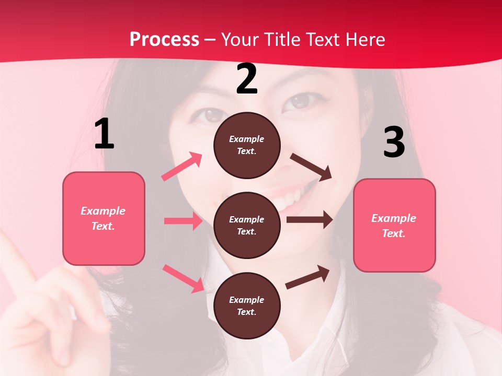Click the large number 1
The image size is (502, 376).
click(x=104, y=134)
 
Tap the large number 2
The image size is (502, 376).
click(x=247, y=79)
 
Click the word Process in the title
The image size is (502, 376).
click(x=164, y=39)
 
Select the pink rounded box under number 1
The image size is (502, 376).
click(x=104, y=218)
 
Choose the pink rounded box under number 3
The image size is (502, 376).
click(x=394, y=225)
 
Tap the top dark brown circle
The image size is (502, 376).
click(x=247, y=145)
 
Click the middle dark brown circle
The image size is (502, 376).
click(x=247, y=226)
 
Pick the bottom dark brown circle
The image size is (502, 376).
click(x=247, y=305)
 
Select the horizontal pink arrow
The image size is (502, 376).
click(x=183, y=221)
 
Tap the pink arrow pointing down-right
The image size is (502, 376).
click(x=183, y=278)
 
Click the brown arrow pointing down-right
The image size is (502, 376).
click(x=311, y=167)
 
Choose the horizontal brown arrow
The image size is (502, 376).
click(x=310, y=220)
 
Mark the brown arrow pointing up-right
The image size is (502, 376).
click(x=307, y=277)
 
